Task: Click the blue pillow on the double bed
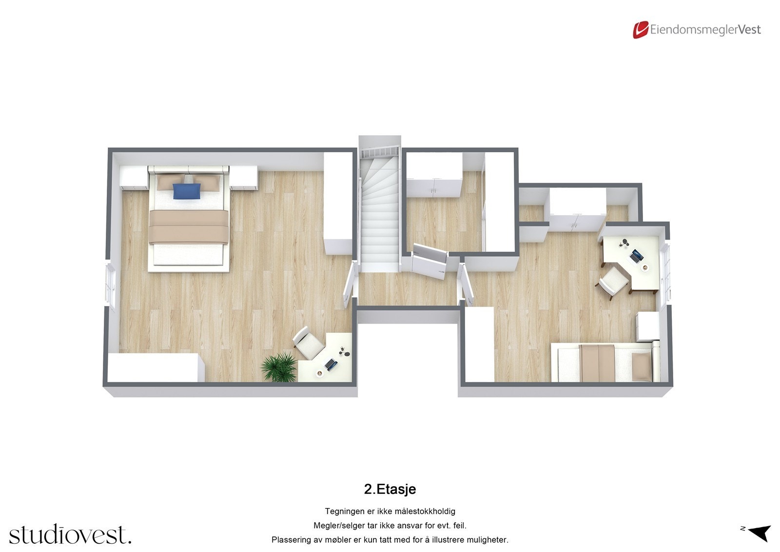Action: [187, 191]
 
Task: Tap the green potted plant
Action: [279, 367]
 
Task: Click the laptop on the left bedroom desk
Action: [331, 364]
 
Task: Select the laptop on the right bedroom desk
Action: [636, 255]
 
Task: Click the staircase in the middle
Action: [379, 215]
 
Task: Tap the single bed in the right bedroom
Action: [604, 362]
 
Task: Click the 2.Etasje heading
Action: [390, 489]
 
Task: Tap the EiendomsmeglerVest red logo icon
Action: [640, 30]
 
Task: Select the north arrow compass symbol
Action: [759, 532]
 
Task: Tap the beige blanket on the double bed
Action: [189, 227]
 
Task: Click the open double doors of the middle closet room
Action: [430, 261]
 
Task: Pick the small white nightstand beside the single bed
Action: [648, 327]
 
